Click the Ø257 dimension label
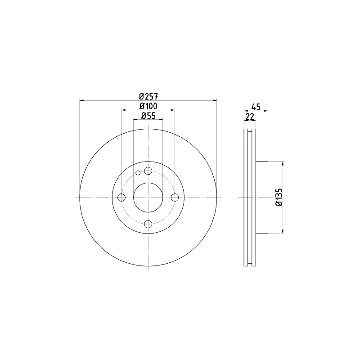tap(148, 96)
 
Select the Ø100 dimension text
tap(148, 106)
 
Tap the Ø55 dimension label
tap(148, 116)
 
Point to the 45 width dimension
tap(256, 107)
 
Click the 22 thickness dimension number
tap(250, 117)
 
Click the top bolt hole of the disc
tap(148, 171)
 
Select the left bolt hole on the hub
tap(121, 197)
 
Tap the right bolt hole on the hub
tap(175, 197)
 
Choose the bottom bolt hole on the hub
tap(148, 224)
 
